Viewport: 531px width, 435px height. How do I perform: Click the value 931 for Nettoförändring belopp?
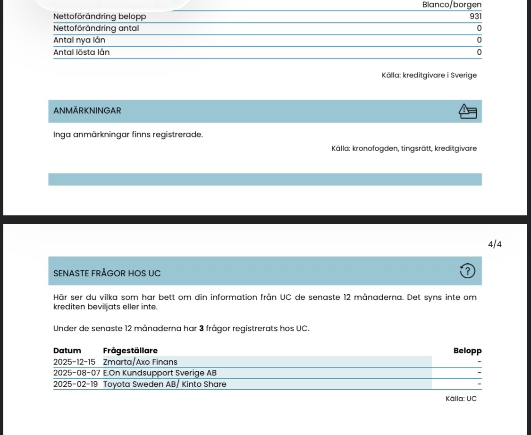point(475,17)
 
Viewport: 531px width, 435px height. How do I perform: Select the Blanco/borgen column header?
point(452,5)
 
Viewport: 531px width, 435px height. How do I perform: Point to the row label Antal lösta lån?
point(82,52)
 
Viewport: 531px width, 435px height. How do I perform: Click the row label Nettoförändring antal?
point(96,28)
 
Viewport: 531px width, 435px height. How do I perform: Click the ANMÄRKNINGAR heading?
point(87,111)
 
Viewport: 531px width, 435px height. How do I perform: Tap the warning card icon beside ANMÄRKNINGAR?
point(468,111)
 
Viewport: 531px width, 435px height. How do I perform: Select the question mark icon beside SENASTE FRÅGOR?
point(467,271)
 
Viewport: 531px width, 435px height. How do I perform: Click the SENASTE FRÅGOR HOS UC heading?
point(107,273)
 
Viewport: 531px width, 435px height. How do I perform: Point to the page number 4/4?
point(495,244)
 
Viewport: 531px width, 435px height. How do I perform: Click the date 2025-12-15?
point(75,362)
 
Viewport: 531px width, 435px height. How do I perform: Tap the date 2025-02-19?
point(76,384)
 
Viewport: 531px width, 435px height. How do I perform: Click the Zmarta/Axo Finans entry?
point(140,362)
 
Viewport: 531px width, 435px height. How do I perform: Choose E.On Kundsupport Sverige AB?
point(160,373)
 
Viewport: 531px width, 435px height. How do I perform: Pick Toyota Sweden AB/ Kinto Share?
point(165,384)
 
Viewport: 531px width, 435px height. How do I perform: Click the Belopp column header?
point(467,351)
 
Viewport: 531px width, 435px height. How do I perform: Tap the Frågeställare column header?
point(130,351)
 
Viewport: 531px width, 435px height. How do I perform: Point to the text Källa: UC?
point(461,399)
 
